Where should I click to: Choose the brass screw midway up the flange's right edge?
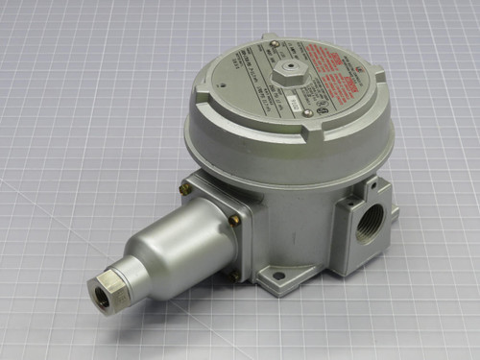235,220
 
